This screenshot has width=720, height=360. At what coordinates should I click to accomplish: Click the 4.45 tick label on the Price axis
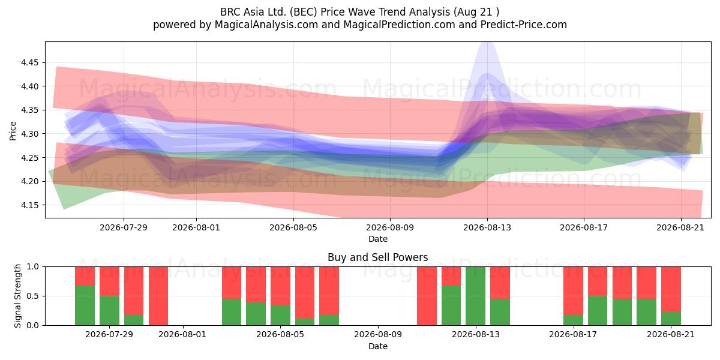[x=29, y=62]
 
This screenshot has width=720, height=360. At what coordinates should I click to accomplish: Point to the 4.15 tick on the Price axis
[x=29, y=205]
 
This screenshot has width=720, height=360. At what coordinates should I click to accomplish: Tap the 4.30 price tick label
[x=29, y=134]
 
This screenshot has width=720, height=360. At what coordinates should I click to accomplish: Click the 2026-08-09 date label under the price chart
[x=390, y=227]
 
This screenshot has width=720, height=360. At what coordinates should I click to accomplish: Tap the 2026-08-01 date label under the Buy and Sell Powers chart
[x=182, y=334]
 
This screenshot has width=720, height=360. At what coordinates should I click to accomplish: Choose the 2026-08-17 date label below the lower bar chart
[x=573, y=334]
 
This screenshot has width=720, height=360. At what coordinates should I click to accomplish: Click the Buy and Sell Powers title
[x=377, y=257]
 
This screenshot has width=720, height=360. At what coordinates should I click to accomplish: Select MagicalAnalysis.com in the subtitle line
[x=266, y=25]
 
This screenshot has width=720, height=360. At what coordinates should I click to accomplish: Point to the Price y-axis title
[x=13, y=131]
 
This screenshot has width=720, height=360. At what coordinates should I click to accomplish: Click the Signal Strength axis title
[x=17, y=296]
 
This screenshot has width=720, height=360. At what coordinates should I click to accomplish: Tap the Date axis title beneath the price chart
[x=378, y=239]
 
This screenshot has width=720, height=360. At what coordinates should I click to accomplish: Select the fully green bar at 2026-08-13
[x=475, y=296]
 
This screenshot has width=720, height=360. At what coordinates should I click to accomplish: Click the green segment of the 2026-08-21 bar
[x=671, y=319]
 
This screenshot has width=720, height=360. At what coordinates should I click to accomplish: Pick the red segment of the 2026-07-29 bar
[x=109, y=281]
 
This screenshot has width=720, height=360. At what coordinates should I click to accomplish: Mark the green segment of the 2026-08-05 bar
[x=280, y=315]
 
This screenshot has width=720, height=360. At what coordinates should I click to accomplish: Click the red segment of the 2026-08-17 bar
[x=573, y=291]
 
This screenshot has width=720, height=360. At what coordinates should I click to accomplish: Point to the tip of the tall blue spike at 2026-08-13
[x=487, y=42]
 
